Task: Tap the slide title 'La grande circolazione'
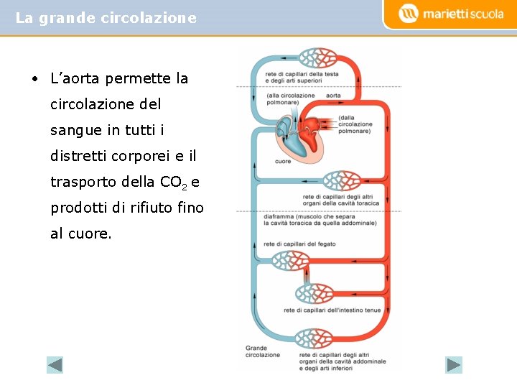pos(106,18)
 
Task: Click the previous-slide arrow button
pos(55,365)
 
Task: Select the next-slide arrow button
pos(454,365)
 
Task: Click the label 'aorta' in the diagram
pos(333,96)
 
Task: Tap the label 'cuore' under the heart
pos(283,162)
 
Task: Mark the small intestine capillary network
pos(315,294)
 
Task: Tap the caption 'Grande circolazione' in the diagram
pos(263,351)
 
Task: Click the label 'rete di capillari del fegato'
pos(300,244)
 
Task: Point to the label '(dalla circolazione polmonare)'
pos(355,124)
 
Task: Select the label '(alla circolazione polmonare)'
pos(290,98)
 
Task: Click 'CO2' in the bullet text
pos(173,183)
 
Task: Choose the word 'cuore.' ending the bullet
pos(81,234)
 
